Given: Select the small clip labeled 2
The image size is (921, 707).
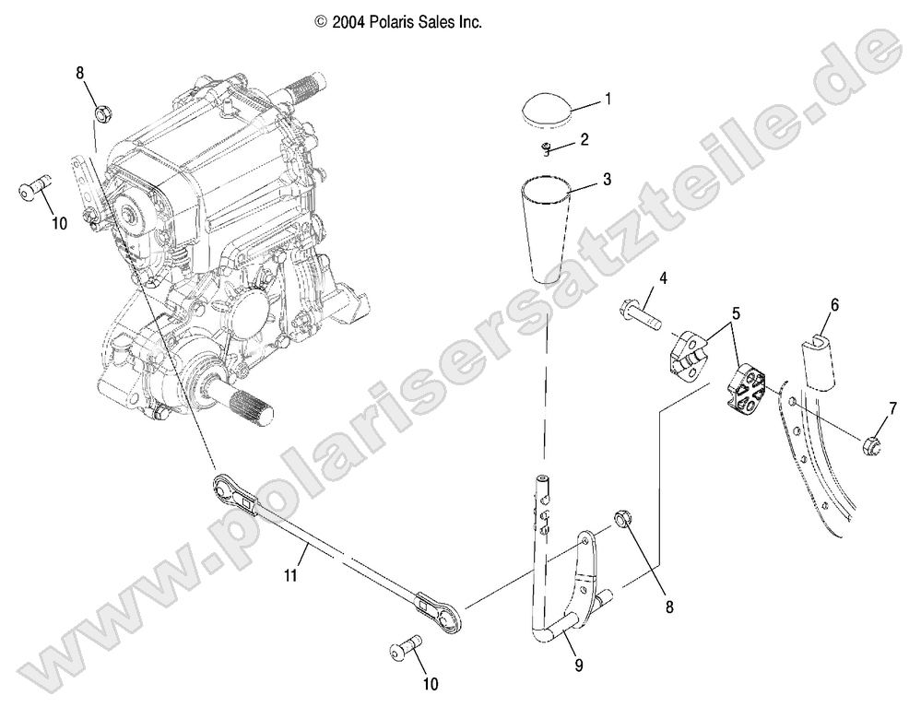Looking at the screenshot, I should [548, 149].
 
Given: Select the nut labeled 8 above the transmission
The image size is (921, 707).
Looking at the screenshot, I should [103, 115].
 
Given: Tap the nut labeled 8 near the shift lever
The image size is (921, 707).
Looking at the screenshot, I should [624, 523].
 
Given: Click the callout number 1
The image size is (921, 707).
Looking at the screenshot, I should [608, 97].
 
